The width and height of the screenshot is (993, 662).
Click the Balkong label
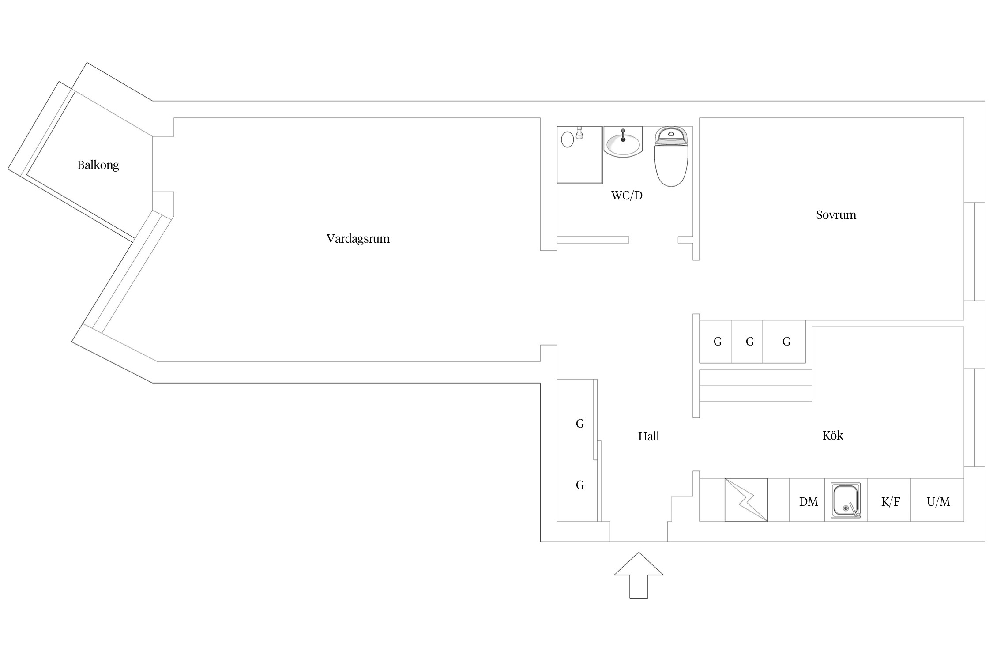98,165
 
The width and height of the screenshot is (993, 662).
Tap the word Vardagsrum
358,239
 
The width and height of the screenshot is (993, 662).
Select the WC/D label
627,196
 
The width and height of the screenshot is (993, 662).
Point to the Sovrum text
836,215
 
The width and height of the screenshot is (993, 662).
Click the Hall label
648,436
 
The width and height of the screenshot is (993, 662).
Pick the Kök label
833,436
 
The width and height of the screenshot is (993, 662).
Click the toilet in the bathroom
671,156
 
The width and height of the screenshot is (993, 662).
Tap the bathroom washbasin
623,142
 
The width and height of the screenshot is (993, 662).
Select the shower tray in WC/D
579,155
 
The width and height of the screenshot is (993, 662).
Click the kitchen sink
846,500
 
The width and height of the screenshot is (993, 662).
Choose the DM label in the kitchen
809,502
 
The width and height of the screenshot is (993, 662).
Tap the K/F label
891,502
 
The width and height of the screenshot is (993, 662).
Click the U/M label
938,502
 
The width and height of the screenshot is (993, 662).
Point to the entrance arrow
639,575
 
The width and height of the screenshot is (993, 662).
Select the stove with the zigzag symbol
746,500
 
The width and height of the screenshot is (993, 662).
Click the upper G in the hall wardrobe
580,424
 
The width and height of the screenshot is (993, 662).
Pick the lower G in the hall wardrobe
580,485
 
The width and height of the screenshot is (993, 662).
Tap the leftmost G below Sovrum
718,342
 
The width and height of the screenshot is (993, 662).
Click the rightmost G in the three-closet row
786,342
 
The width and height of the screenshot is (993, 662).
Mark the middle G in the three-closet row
750,342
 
